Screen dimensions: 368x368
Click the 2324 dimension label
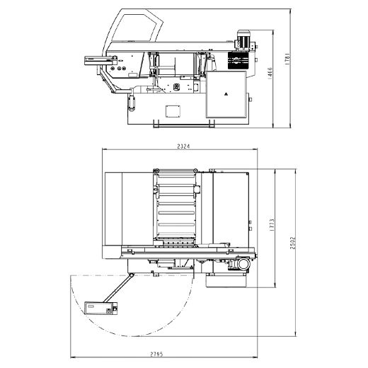coord(183,146)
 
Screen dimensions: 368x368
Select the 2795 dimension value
coord(156,354)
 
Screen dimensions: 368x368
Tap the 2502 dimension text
coord(293,243)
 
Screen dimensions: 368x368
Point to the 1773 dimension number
coord(272,225)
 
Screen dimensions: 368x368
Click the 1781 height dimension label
coord(287,59)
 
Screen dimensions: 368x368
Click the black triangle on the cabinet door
coord(226,94)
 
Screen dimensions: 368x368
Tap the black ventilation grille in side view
coord(238,60)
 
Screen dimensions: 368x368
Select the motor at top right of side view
coord(245,40)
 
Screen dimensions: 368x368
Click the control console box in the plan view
coord(100,308)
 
